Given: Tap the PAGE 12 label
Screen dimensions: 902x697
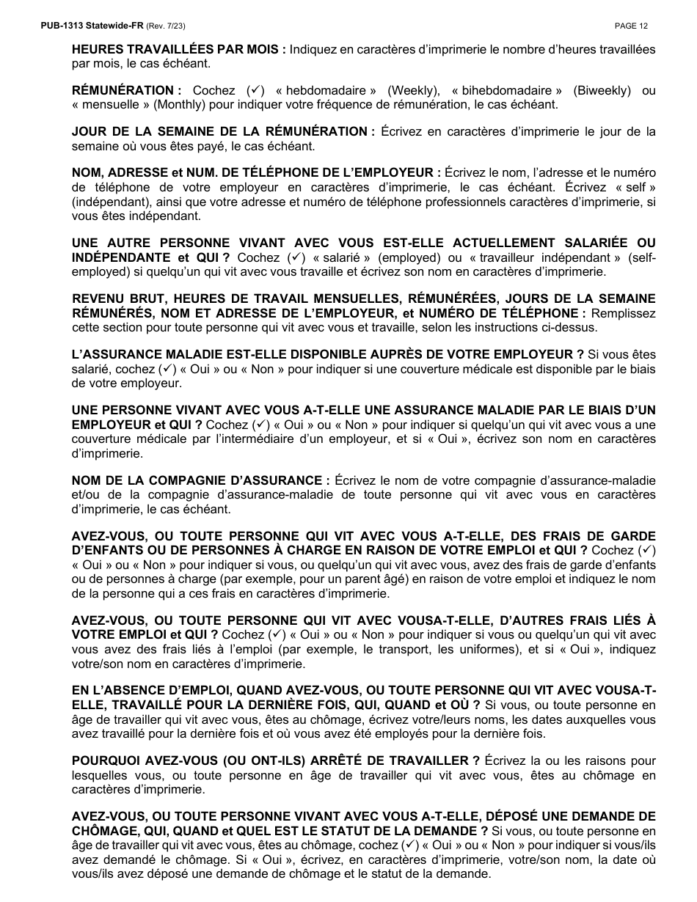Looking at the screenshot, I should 631,26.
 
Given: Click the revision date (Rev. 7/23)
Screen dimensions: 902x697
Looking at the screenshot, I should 166,26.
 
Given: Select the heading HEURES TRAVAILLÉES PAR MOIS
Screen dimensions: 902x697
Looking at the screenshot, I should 178,50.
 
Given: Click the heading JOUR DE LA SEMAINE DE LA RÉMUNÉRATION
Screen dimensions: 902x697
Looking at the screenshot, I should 223,132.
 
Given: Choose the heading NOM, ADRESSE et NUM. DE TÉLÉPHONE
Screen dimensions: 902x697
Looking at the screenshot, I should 256,173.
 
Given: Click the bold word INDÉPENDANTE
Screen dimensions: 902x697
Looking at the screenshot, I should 121,257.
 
